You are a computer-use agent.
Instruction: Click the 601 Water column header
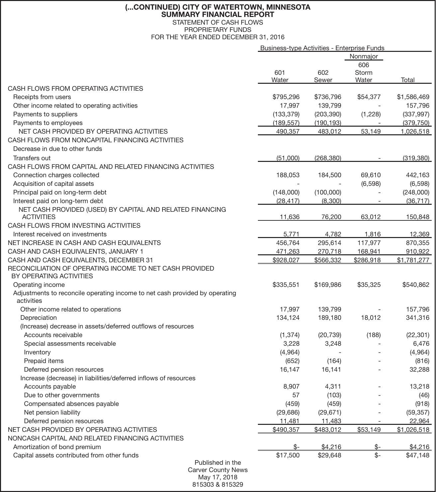pos(280,76)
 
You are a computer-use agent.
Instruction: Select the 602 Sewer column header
pos(323,76)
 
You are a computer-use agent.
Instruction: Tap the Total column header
pos(407,80)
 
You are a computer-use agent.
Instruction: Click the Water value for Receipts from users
pos(286,97)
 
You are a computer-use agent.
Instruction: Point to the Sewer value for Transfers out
pos(328,158)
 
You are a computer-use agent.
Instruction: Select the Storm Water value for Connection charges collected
pos(371,175)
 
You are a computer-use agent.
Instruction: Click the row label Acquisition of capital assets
pos(54,184)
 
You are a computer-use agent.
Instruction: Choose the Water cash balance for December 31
pos(286,260)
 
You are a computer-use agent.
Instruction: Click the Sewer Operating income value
pos(328,285)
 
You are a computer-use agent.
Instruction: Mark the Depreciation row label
pos(39,318)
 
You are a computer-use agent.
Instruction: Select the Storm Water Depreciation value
pos(371,318)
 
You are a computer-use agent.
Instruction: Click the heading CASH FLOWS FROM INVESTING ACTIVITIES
pos(74,226)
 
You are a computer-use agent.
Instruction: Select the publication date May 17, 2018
pos(218,477)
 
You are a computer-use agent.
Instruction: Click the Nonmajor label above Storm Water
pos(364,57)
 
